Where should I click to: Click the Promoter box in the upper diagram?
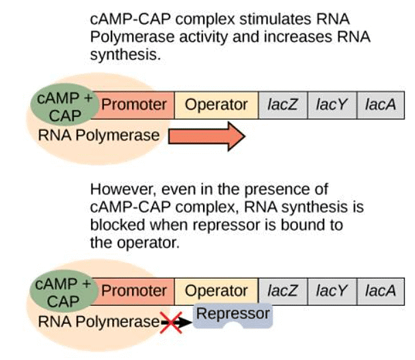[x=134, y=105]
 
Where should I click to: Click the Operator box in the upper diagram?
[x=216, y=105]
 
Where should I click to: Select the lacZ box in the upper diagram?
[x=282, y=105]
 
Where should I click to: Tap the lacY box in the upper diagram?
[x=332, y=105]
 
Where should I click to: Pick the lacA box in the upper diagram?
[x=380, y=105]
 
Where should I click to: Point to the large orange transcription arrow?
[x=206, y=136]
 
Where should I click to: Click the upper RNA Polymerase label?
[x=98, y=136]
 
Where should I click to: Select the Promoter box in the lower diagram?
[x=134, y=291]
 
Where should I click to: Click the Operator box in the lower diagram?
[x=216, y=291]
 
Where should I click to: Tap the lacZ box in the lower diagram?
[x=282, y=291]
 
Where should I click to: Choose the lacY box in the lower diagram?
[x=332, y=291]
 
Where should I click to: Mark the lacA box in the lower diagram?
[x=380, y=291]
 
